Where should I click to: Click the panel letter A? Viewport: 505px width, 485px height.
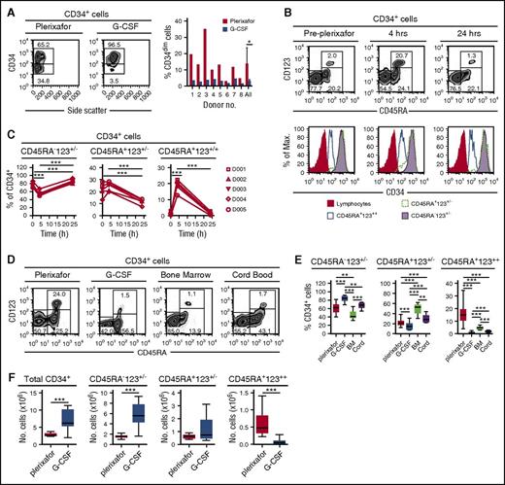[8, 8]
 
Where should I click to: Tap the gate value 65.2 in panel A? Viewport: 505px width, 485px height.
[43, 45]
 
